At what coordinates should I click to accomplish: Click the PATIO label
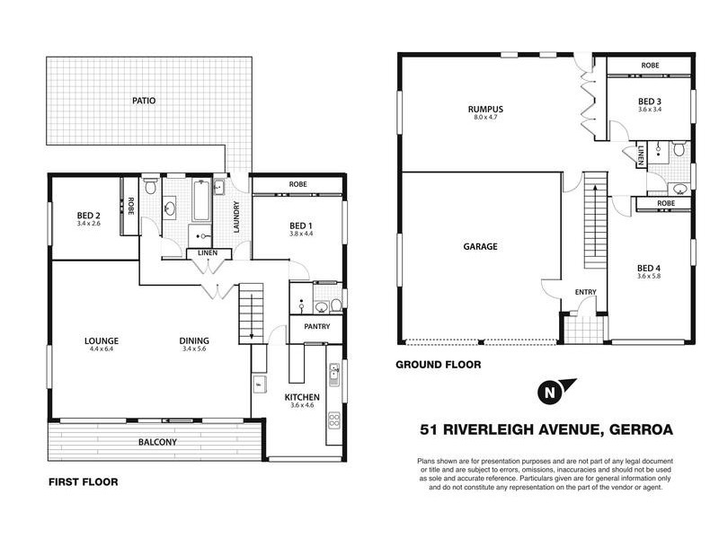pyautogui.click(x=144, y=101)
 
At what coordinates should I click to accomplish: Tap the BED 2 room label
pyautogui.click(x=88, y=216)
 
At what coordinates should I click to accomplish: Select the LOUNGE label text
pyautogui.click(x=102, y=340)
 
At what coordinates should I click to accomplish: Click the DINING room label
pyautogui.click(x=194, y=340)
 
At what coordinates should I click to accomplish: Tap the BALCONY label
pyautogui.click(x=157, y=442)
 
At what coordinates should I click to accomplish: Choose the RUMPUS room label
pyautogui.click(x=485, y=109)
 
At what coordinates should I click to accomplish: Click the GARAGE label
pyautogui.click(x=481, y=246)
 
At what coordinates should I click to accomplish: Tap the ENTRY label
pyautogui.click(x=586, y=292)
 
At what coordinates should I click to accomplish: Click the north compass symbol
pyautogui.click(x=546, y=393)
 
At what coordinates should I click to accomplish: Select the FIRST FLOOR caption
pyautogui.click(x=83, y=482)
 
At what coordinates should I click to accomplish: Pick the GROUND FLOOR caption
pyautogui.click(x=439, y=366)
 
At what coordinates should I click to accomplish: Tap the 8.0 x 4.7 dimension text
pyautogui.click(x=485, y=118)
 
